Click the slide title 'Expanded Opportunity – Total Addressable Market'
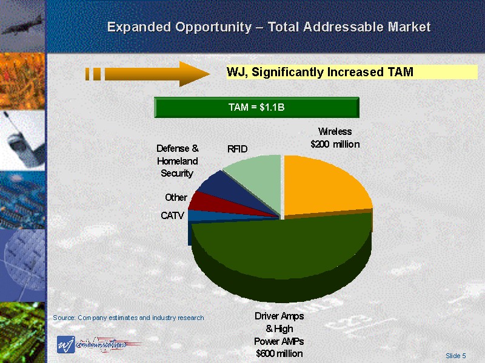[x=269, y=27]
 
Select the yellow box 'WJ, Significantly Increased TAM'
[x=352, y=73]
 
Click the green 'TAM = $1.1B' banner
[x=257, y=108]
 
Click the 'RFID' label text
[x=238, y=149]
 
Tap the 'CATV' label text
[x=172, y=215]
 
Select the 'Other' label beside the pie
[x=176, y=197]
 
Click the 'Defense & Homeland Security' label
[x=177, y=160]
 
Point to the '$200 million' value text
[x=335, y=145]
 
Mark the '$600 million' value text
[x=279, y=353]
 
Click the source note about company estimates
[x=129, y=318]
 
